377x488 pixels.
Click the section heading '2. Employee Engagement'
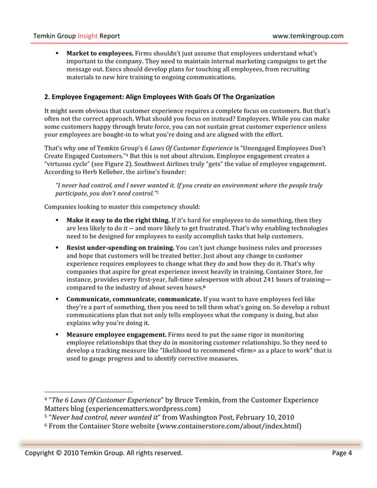160,96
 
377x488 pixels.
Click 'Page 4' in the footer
342,453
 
